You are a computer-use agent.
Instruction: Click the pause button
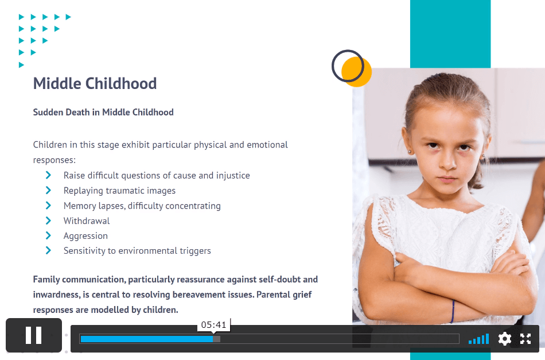click(34, 335)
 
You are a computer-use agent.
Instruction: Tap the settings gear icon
click(505, 339)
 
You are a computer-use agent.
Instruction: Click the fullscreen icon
click(525, 339)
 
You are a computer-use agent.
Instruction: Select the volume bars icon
click(478, 339)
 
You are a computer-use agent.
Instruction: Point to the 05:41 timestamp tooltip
click(214, 325)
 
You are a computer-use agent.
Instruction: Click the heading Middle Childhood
click(95, 83)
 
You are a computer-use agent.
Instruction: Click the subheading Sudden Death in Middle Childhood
click(103, 113)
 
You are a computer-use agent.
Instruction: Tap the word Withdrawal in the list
click(87, 221)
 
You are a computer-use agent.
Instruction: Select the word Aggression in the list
click(85, 236)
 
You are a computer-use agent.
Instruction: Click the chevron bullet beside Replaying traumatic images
click(48, 190)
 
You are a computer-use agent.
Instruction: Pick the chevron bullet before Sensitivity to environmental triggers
click(48, 250)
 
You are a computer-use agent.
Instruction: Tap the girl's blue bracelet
click(453, 311)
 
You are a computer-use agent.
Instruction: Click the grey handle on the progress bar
click(216, 339)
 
